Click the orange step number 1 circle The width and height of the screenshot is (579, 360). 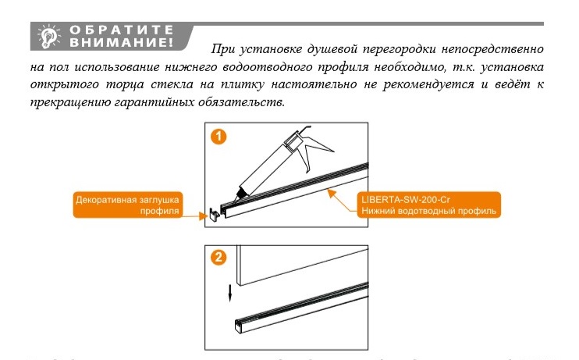pyautogui.click(x=219, y=137)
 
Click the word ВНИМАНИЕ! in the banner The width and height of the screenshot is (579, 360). pyautogui.click(x=123, y=41)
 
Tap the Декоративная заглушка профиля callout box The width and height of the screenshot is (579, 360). pyautogui.click(x=126, y=205)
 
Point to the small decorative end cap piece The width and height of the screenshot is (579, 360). pyautogui.click(x=211, y=214)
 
